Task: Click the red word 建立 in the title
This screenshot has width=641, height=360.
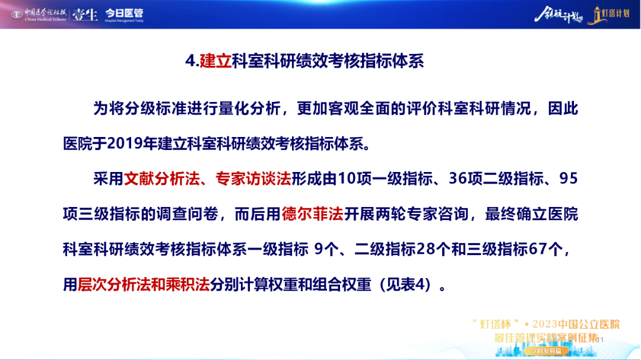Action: tap(215, 61)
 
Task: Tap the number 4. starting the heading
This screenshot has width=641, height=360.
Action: tap(192, 61)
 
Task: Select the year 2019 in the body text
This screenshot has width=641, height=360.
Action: tap(125, 144)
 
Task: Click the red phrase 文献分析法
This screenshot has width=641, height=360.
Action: tap(162, 179)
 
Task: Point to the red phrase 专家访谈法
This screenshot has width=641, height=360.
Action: tap(253, 179)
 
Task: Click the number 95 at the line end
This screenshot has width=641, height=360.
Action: tap(569, 179)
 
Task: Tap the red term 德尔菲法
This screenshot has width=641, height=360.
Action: tap(312, 214)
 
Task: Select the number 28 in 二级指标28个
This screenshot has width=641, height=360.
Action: tap(426, 249)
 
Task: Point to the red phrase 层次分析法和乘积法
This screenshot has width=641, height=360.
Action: tap(144, 285)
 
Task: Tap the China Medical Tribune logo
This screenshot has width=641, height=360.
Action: tap(39, 15)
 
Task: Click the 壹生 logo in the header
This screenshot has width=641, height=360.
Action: tap(85, 15)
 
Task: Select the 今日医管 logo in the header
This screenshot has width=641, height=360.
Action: tap(124, 15)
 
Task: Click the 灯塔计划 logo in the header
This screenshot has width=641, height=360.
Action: tap(609, 15)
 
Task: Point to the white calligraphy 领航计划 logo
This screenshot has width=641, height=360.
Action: tap(559, 15)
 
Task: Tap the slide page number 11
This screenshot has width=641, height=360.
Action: tap(600, 340)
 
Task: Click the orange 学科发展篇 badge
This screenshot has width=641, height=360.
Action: tap(546, 351)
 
